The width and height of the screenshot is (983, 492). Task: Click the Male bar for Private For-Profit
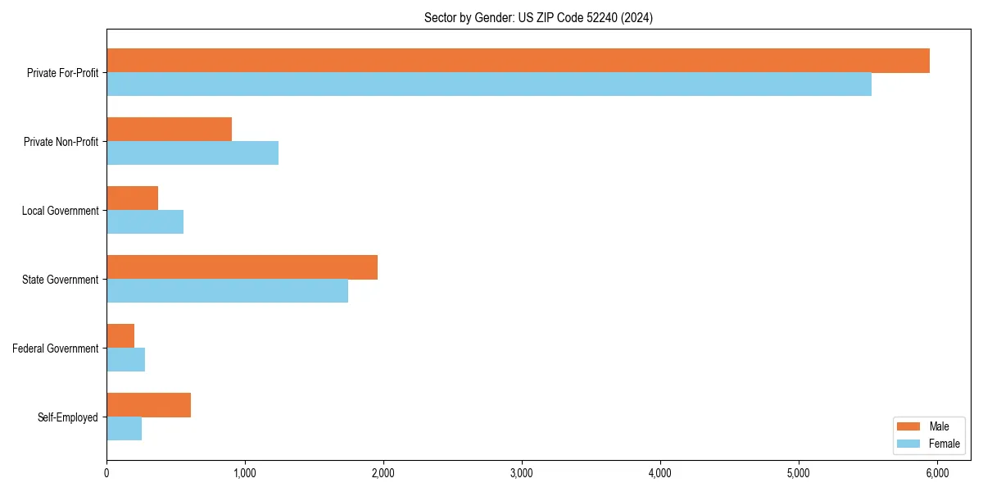(x=518, y=61)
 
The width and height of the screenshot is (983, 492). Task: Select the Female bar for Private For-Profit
(x=489, y=84)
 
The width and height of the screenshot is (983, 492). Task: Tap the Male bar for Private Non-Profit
(x=170, y=130)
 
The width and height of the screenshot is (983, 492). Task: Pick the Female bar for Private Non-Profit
(x=193, y=153)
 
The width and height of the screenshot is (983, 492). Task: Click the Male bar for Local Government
(x=133, y=198)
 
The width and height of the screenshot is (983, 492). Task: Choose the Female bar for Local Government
(x=145, y=222)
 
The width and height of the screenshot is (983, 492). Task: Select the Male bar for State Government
(x=242, y=267)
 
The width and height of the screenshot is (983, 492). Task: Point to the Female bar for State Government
(x=228, y=291)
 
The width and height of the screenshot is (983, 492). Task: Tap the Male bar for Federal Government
(x=120, y=336)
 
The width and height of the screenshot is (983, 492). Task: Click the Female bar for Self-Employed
(x=125, y=429)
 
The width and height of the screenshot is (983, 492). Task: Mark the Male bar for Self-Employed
(x=149, y=405)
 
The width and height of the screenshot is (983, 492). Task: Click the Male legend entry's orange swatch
(x=909, y=426)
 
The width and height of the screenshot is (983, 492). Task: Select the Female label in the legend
(x=944, y=444)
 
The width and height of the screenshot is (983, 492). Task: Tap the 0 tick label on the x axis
(x=106, y=473)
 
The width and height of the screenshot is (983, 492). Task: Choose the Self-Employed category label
(x=68, y=417)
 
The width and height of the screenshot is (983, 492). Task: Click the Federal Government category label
(x=56, y=348)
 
